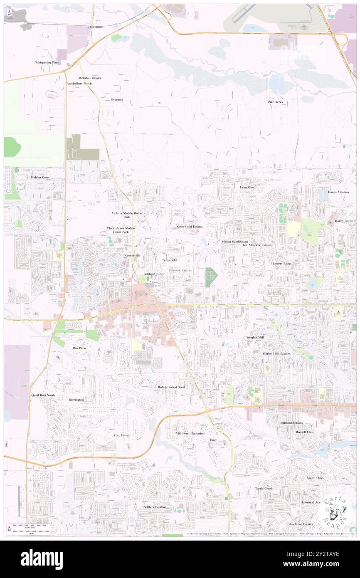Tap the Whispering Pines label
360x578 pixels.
click(47, 62)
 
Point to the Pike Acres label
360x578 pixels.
click(275, 102)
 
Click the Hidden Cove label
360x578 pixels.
click(40, 177)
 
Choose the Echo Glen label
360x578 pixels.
click(247, 188)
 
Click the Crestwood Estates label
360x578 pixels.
click(190, 227)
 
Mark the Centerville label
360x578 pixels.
click(133, 255)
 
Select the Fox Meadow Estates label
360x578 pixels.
click(257, 245)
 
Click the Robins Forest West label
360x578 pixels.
click(171, 387)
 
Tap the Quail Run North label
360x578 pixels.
click(43, 395)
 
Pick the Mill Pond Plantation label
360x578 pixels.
click(190, 433)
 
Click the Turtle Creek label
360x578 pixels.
click(264, 488)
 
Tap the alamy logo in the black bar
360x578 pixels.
click(42, 559)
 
